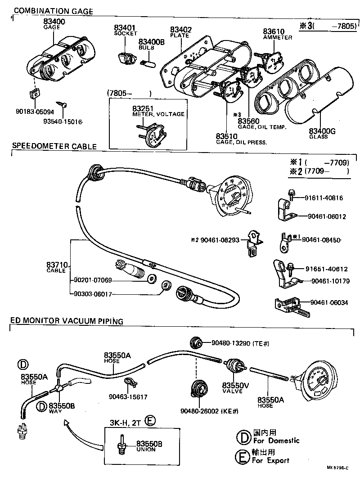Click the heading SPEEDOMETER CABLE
[54, 146]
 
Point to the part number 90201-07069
[93, 280]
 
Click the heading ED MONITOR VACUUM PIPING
[67, 320]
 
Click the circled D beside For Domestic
[243, 436]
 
